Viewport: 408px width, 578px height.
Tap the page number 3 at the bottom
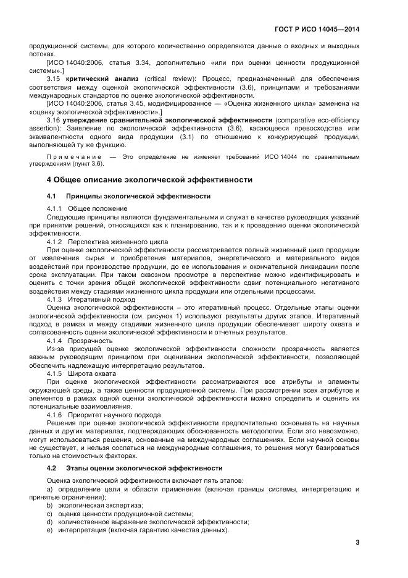point(357,542)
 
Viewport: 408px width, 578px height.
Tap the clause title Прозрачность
point(90,341)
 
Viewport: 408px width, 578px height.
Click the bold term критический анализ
point(93,80)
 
